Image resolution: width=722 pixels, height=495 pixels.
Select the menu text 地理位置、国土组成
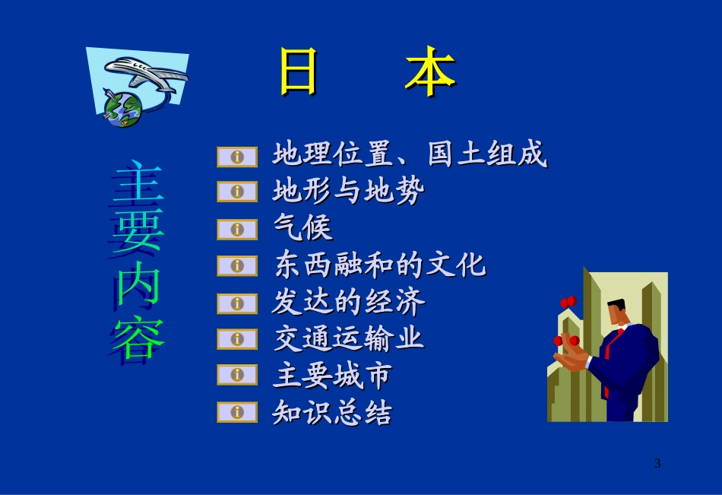[410, 155]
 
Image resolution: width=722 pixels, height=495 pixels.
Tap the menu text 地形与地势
[348, 191]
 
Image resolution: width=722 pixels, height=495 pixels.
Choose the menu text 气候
[302, 228]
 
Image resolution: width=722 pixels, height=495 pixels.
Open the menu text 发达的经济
[348, 303]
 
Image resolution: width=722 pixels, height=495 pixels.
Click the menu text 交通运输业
[348, 339]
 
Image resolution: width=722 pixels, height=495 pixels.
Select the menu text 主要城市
[332, 376]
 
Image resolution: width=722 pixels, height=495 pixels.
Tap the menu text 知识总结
[332, 413]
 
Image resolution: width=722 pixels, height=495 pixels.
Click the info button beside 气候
[237, 228]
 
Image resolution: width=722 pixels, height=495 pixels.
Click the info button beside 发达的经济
[237, 303]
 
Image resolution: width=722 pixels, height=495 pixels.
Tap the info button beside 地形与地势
[237, 192]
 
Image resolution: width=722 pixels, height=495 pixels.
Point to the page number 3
[657, 463]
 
